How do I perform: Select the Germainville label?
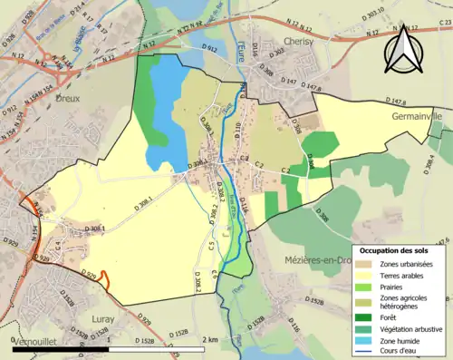coord(416,117)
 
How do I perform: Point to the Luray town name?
coord(104,319)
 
